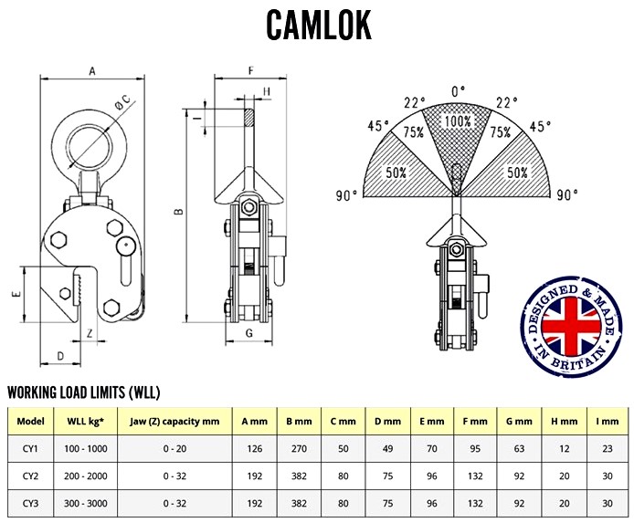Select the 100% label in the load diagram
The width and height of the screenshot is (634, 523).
click(x=458, y=120)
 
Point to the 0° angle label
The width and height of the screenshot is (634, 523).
click(x=458, y=91)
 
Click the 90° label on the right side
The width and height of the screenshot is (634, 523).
click(x=568, y=194)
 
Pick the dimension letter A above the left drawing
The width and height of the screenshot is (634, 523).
click(x=92, y=69)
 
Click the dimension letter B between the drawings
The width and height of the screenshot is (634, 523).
click(x=180, y=213)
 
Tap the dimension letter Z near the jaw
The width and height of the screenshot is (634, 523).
click(x=90, y=333)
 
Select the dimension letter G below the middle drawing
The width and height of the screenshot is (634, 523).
click(x=248, y=333)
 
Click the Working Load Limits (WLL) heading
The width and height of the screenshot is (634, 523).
click(x=84, y=393)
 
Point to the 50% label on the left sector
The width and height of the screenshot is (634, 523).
click(x=396, y=172)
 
